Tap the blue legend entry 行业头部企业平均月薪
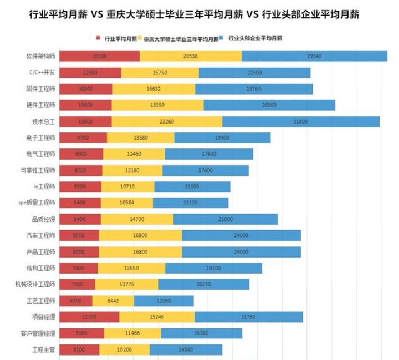click(254, 39)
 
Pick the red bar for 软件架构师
click(99, 56)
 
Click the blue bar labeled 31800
click(301, 121)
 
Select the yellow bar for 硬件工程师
click(157, 105)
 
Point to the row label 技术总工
click(44, 121)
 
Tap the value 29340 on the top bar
click(315, 56)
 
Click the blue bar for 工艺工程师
click(164, 301)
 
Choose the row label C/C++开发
click(42, 73)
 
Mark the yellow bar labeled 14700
click(137, 219)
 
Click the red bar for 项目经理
click(89, 317)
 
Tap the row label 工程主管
click(44, 349)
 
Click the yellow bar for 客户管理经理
click(132, 333)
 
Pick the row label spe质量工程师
click(37, 203)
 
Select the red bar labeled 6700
click(75, 301)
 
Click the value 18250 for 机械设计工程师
click(204, 285)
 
